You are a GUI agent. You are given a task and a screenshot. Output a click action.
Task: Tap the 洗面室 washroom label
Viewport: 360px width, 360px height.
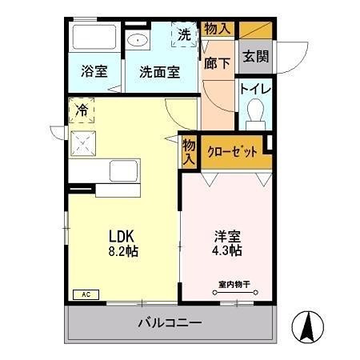[158, 70]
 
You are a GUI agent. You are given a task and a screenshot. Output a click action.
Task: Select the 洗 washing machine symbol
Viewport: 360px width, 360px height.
[183, 34]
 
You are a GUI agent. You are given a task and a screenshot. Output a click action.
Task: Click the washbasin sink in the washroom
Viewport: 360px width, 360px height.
[138, 40]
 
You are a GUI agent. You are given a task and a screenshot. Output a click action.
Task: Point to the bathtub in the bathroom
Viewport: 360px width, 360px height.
[93, 38]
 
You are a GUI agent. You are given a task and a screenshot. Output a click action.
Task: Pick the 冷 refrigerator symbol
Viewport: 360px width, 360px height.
[82, 109]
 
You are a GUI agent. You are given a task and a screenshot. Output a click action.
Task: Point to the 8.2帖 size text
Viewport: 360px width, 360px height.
[124, 250]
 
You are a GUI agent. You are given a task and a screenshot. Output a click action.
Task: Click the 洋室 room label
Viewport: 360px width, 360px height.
[226, 236]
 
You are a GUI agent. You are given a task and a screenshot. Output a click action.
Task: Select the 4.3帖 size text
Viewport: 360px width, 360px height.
[226, 250]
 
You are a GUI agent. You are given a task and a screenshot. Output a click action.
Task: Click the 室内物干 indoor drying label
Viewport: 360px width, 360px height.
[233, 284]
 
